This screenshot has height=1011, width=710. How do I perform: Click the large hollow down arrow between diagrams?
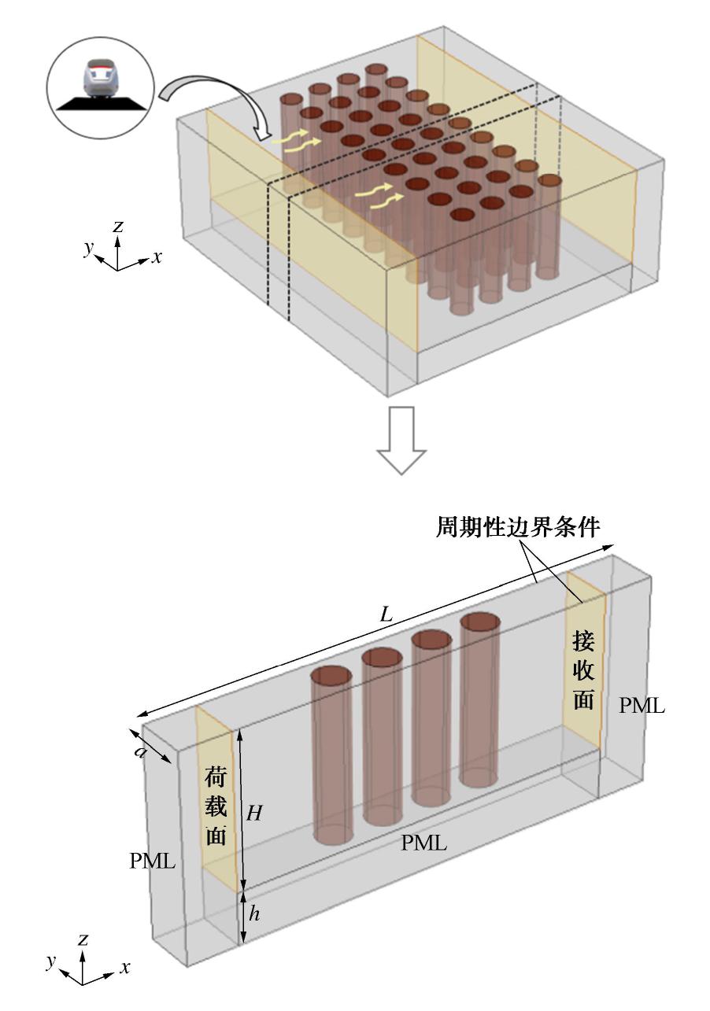[x=401, y=450]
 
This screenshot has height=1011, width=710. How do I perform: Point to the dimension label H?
[x=254, y=814]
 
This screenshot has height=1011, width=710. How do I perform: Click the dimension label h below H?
[x=253, y=913]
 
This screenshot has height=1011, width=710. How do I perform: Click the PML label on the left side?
[x=152, y=861]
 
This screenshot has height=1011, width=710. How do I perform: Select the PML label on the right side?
[x=642, y=706]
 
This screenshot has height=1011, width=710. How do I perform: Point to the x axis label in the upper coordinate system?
[x=157, y=256]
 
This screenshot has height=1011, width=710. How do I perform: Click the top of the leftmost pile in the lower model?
[x=331, y=676]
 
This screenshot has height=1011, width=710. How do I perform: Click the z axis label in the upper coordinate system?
[x=118, y=227]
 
